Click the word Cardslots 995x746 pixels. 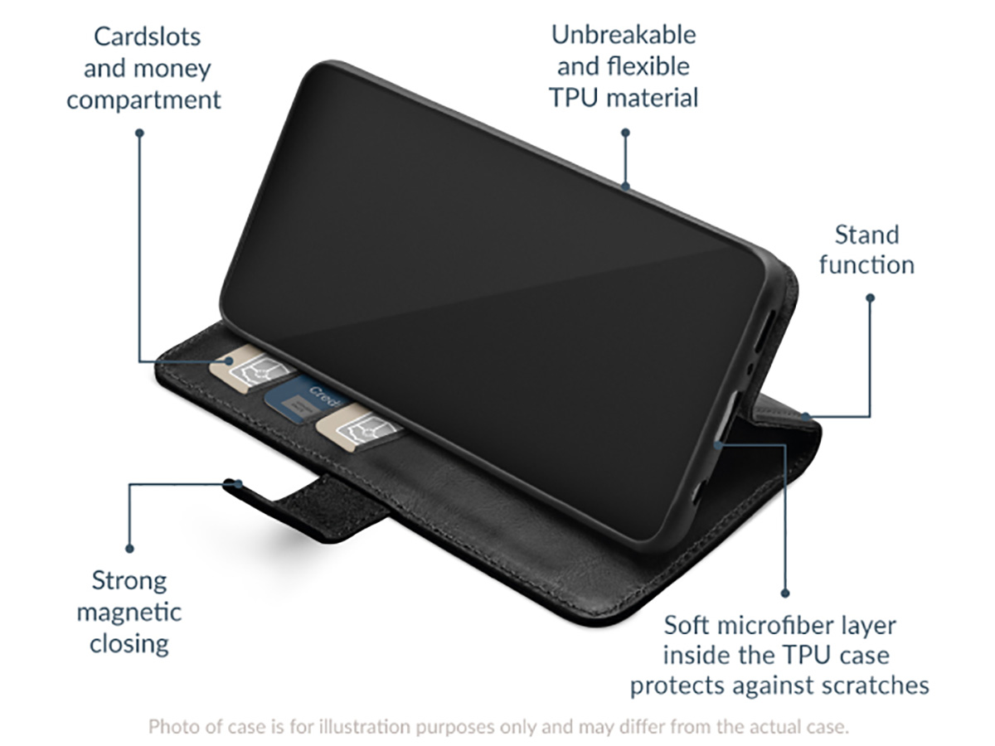click(147, 36)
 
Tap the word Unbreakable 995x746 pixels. click(624, 35)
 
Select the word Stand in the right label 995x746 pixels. click(866, 235)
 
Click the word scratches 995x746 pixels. click(870, 685)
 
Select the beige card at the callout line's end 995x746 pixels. click(251, 367)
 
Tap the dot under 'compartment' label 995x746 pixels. click(139, 133)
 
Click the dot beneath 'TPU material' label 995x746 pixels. click(625, 133)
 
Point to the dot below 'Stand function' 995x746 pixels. click(871, 298)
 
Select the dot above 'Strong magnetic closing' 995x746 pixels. click(129, 549)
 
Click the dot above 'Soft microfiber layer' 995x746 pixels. click(785, 593)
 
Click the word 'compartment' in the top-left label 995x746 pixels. click(143, 100)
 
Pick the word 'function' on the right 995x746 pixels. click(866, 264)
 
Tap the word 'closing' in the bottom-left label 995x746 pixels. click(129, 644)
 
